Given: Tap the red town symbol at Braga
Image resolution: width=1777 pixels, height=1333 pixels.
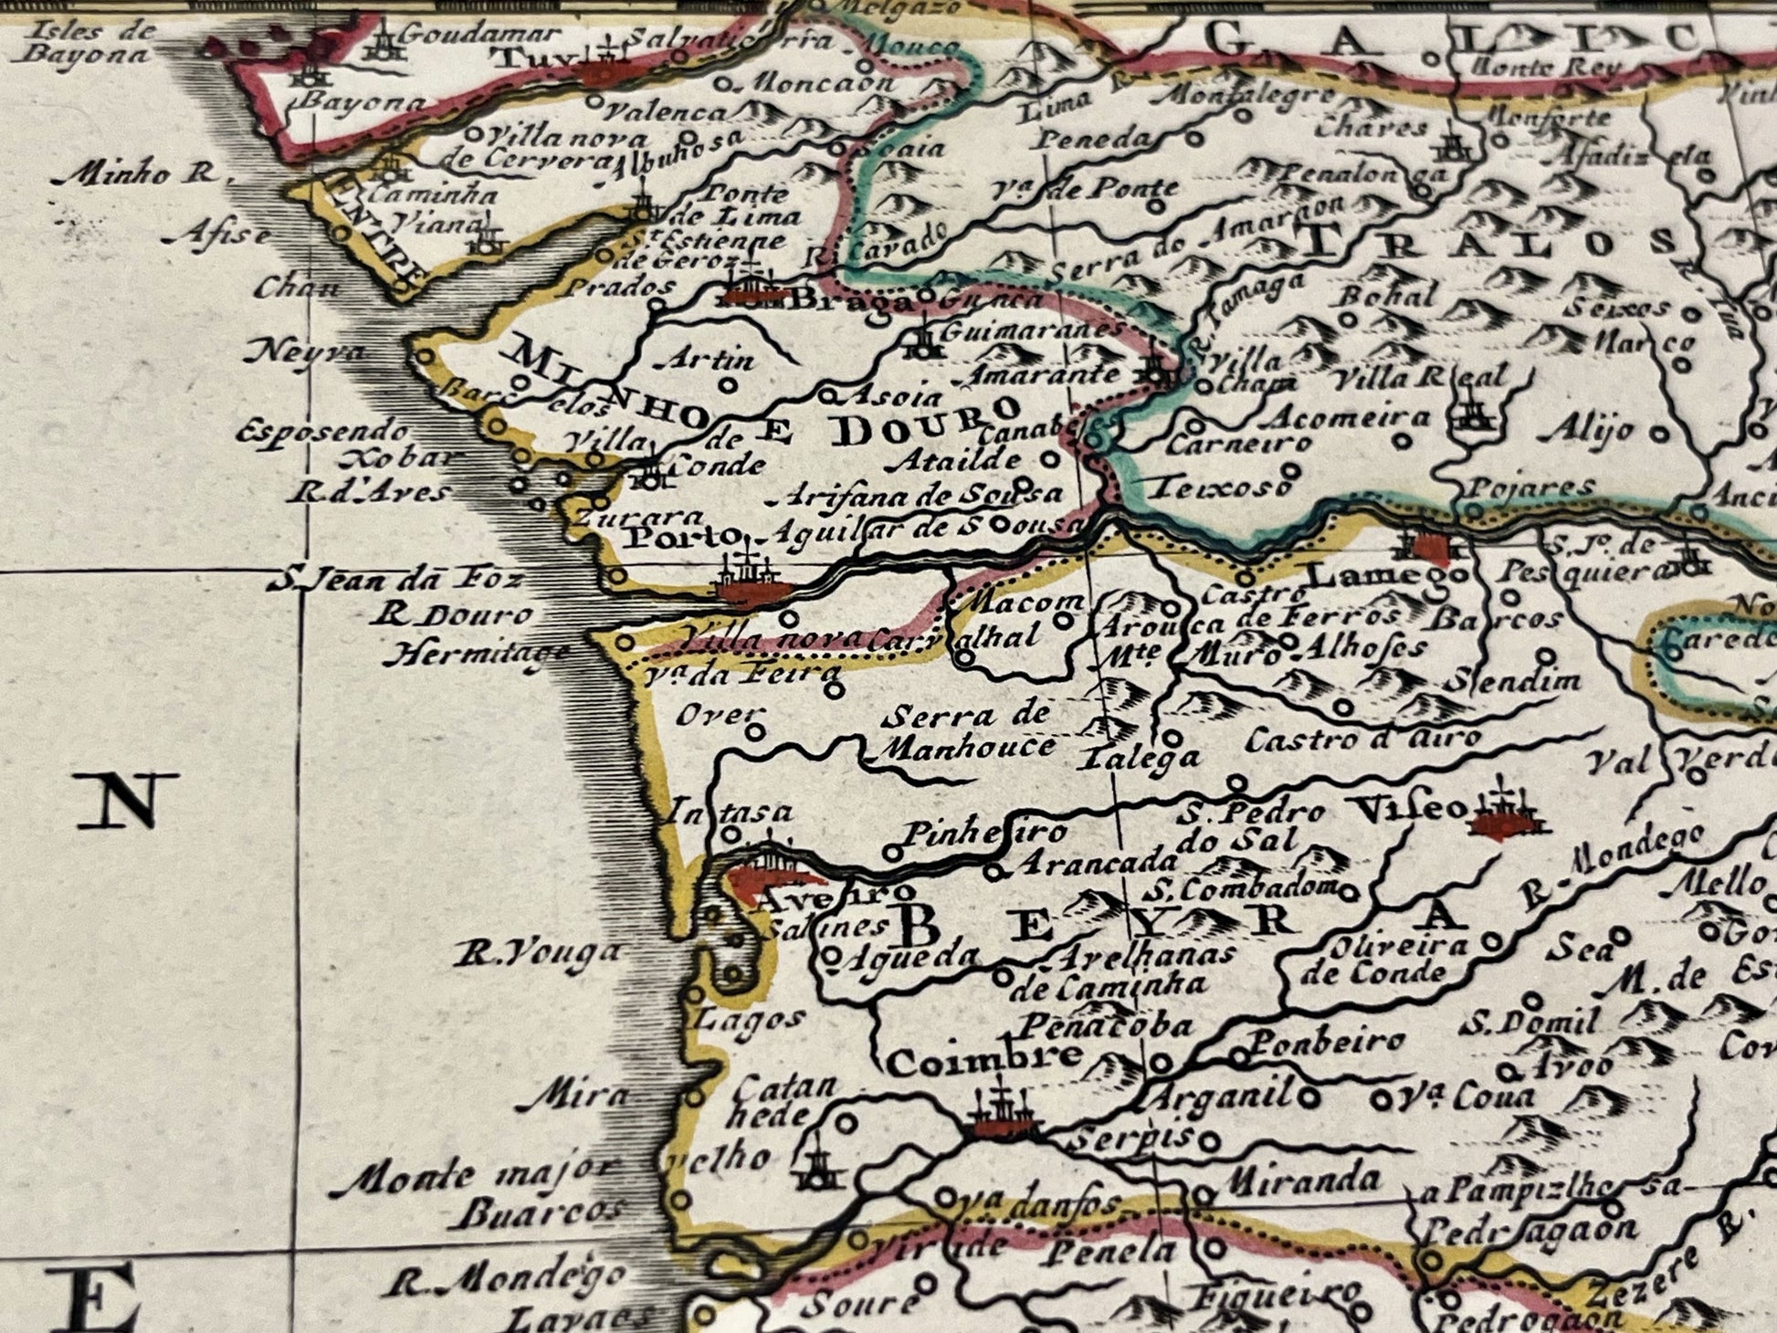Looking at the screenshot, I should pyautogui.click(x=754, y=293).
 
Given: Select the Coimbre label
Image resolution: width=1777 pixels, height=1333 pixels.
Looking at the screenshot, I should pyautogui.click(x=984, y=1062).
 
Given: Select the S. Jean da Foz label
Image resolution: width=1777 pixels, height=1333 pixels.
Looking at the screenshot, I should pyautogui.click(x=395, y=579).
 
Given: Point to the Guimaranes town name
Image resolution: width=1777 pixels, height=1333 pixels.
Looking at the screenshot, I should pyautogui.click(x=1029, y=330).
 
